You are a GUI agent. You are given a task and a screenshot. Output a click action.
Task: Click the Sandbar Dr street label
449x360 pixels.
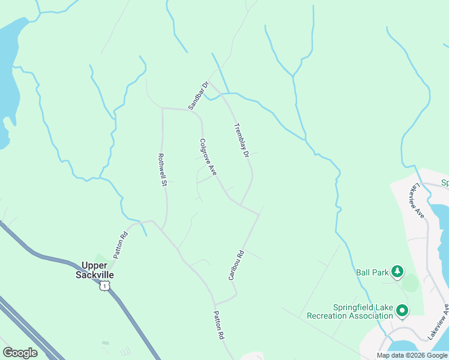click(197, 96)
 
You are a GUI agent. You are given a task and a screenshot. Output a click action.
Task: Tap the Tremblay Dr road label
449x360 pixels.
click(241, 140)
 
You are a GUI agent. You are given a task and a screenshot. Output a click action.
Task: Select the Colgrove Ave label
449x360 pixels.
click(208, 157)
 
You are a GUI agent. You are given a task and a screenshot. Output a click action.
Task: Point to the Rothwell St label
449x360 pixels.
click(161, 169)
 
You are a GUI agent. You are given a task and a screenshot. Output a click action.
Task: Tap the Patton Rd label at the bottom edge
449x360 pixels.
click(218, 326)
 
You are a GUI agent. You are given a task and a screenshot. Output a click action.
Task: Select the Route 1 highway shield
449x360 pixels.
click(105, 286)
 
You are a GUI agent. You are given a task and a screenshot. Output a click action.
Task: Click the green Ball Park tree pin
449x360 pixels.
click(397, 272)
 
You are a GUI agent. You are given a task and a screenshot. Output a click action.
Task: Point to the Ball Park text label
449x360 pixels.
click(372, 272)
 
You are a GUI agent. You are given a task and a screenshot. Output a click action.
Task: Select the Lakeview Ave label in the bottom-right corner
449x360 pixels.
click(438, 322)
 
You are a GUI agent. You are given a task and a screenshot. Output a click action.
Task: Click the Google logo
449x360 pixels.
click(20, 353)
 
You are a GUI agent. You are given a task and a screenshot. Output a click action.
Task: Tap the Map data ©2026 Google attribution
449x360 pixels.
click(412, 355)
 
